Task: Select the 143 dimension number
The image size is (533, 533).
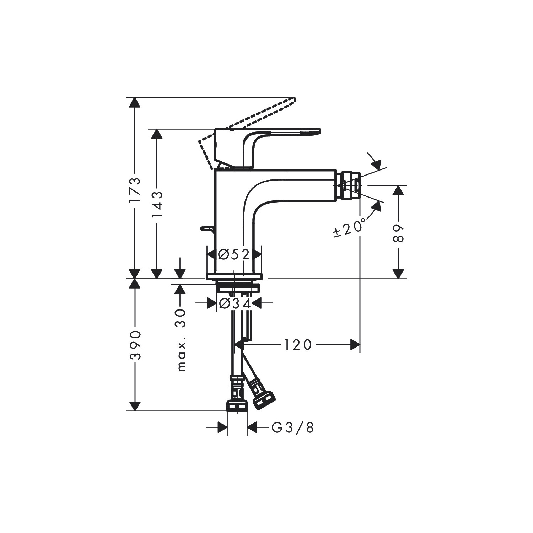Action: click(157, 205)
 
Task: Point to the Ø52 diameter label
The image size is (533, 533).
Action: click(234, 254)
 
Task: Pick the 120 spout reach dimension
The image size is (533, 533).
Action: click(298, 344)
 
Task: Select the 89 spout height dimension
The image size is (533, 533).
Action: click(399, 233)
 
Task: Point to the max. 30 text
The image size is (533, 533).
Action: click(182, 340)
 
